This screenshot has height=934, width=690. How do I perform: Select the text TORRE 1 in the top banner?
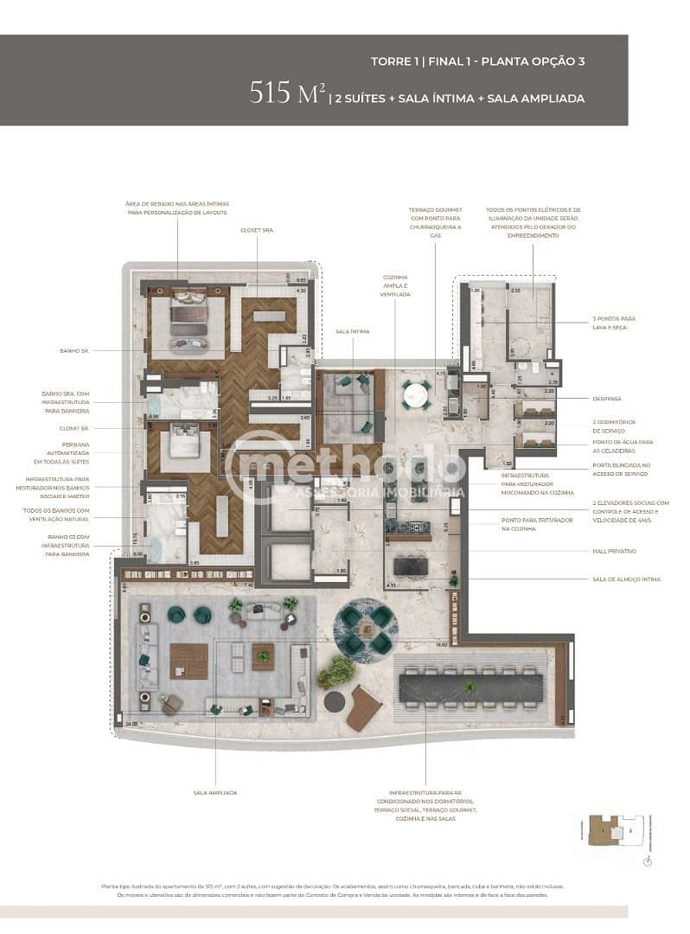[395, 62]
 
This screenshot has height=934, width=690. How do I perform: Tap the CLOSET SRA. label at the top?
[258, 230]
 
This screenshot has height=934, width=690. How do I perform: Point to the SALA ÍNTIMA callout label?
[353, 331]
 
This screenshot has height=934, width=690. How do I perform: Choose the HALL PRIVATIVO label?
[614, 551]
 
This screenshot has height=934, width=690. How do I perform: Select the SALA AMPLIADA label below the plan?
[215, 792]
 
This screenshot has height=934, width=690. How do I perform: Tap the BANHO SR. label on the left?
[74, 350]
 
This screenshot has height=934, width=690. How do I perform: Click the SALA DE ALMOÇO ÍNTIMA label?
[626, 579]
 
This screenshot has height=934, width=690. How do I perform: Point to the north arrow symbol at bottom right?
[648, 860]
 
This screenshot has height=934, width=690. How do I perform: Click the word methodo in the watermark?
[346, 467]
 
